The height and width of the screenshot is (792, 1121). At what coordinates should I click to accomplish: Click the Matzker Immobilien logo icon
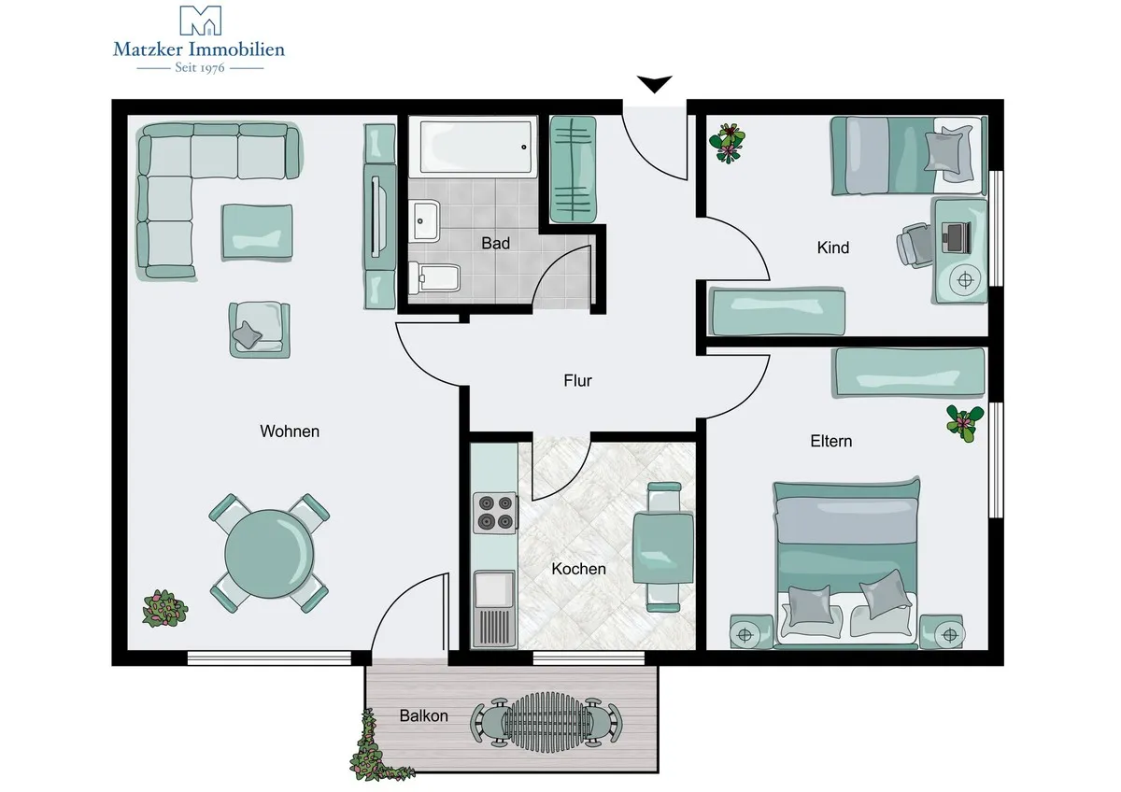click(200, 21)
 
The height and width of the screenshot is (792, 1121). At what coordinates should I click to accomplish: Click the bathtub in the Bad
click(474, 147)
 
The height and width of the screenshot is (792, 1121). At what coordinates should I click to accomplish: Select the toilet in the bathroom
click(434, 277)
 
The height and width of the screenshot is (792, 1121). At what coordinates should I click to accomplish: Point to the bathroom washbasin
click(424, 220)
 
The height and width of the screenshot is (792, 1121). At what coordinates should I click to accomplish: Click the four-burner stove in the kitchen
click(495, 513)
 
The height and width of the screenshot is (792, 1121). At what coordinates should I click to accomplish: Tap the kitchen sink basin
click(494, 590)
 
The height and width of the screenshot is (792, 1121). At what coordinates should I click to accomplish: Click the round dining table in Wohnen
click(269, 553)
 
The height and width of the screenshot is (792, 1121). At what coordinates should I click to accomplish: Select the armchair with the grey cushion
click(260, 329)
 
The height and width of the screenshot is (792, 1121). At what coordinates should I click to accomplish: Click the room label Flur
click(577, 381)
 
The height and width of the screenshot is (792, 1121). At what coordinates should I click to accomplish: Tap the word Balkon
click(423, 715)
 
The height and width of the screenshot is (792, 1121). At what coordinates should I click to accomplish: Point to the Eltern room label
click(830, 441)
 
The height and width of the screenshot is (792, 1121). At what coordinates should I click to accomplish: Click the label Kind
click(832, 247)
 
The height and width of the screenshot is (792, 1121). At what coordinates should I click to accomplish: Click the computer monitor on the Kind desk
click(957, 236)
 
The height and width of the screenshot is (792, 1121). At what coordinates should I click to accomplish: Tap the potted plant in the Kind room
click(727, 143)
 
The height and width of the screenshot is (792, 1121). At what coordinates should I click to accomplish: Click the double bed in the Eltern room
click(846, 564)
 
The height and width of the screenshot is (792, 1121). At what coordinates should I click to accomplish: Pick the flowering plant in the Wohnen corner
click(164, 609)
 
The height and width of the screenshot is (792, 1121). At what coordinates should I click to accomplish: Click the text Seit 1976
click(200, 67)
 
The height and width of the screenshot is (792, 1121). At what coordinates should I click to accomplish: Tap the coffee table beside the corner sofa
click(257, 233)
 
